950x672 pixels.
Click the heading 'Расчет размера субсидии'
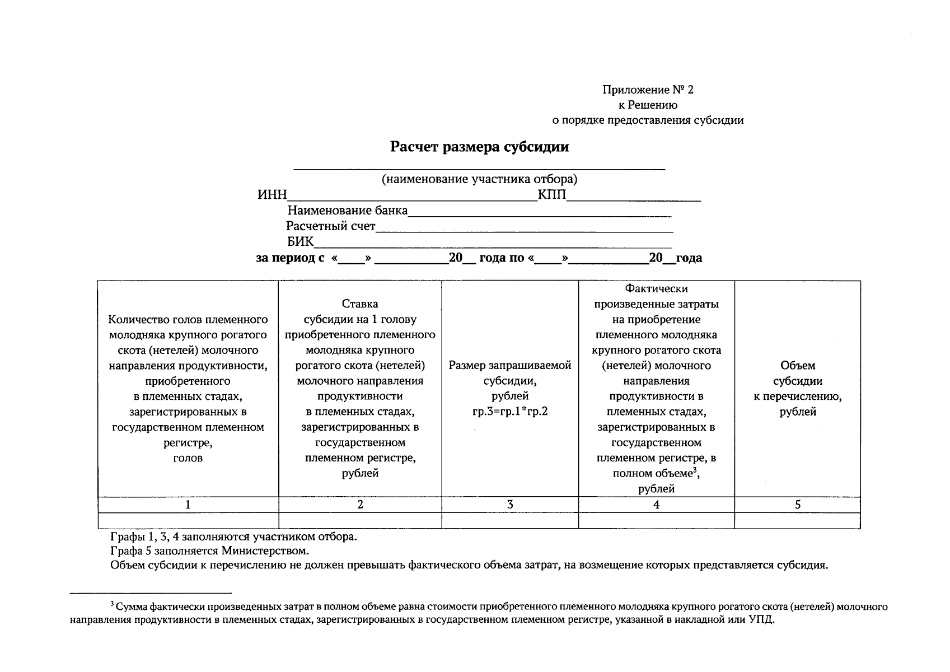click(x=479, y=147)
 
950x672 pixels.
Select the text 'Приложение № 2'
click(x=648, y=90)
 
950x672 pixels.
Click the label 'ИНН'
click(x=272, y=195)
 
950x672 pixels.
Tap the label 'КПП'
click(x=552, y=195)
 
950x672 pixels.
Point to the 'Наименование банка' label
click(x=347, y=211)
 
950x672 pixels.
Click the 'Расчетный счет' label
click(x=330, y=226)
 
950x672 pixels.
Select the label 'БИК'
click(x=301, y=242)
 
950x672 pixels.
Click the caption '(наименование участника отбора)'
click(x=479, y=179)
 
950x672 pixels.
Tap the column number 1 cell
click(x=188, y=505)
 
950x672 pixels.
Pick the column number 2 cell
click(x=360, y=505)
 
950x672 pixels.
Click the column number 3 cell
click(x=510, y=505)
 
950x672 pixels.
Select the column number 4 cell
click(x=656, y=505)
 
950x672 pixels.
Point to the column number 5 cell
click(x=798, y=505)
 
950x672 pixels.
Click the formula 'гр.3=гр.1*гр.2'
click(x=510, y=412)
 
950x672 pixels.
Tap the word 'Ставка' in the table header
click(x=360, y=304)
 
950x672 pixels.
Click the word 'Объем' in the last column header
click(x=798, y=366)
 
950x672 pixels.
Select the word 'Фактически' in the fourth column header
click(x=656, y=288)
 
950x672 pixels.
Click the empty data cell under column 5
click(x=798, y=521)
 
